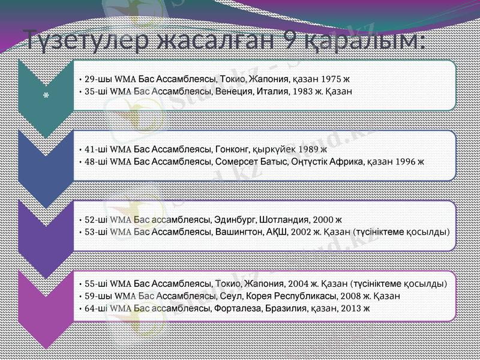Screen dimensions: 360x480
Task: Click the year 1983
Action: (x=299, y=92)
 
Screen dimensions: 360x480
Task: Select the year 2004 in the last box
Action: (x=298, y=283)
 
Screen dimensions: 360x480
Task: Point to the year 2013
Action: (x=351, y=308)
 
